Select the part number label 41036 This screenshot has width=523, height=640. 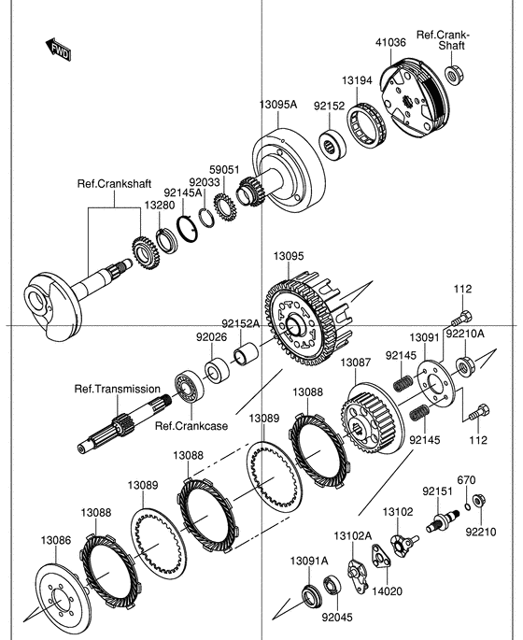click(390, 42)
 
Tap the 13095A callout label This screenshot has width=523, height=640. click(278, 105)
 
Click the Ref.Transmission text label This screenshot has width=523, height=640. click(117, 388)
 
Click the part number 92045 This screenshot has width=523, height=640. click(336, 617)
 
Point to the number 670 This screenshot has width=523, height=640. click(466, 480)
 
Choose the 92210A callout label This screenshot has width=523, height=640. click(464, 332)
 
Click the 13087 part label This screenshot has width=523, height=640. click(355, 363)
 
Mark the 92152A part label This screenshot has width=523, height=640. click(240, 323)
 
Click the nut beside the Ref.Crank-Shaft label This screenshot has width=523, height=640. click(452, 75)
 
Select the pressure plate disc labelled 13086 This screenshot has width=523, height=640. click(65, 594)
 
